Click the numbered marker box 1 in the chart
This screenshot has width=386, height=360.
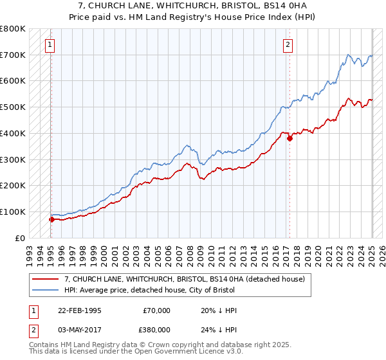(50, 45)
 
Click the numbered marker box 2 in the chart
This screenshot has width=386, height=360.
(288, 45)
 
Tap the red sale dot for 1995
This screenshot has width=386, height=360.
(51, 219)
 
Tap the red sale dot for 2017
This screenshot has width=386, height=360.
(290, 138)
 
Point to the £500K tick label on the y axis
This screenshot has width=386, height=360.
(13, 107)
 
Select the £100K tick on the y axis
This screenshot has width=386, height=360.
(13, 212)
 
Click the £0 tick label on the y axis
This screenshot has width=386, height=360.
(21, 238)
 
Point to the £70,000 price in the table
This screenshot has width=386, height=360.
(156, 310)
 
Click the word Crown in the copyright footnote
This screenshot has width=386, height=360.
(167, 346)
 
